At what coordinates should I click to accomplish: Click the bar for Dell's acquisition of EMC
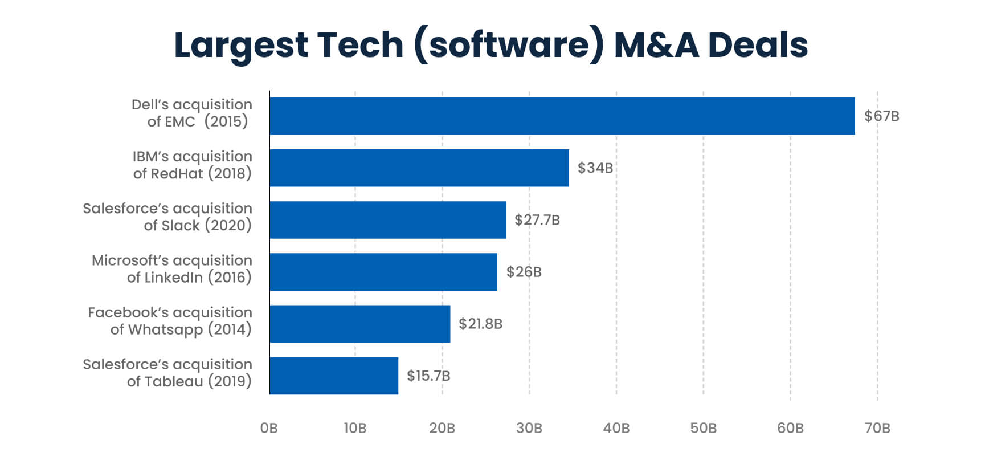point(562,116)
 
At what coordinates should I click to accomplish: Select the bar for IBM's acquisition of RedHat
point(419,168)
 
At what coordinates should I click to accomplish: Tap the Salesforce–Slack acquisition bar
point(387,219)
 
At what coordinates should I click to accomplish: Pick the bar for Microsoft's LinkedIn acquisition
point(383,272)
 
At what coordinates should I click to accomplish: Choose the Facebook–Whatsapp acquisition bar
point(359,324)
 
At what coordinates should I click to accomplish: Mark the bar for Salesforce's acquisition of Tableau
point(333,376)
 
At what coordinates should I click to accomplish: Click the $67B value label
point(881,116)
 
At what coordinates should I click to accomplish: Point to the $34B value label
point(595,168)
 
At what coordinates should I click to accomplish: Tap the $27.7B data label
point(537,219)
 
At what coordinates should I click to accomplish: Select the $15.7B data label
point(428,376)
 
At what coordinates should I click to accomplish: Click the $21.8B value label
point(480,324)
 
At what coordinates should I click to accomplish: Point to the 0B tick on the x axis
point(269,428)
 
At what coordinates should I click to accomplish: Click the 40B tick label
point(616,428)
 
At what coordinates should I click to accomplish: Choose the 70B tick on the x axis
point(877,428)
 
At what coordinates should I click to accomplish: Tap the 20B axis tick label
point(442,428)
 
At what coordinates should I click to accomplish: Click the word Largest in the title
point(241,46)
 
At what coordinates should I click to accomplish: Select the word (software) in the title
point(509,46)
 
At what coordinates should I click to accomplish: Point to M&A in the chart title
point(656,46)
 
